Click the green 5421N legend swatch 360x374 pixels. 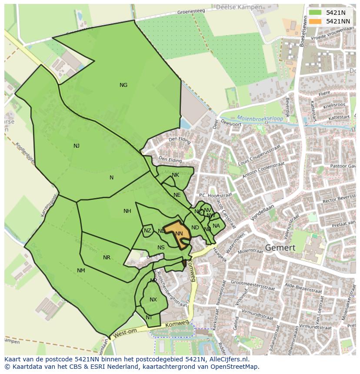[x=315, y=13]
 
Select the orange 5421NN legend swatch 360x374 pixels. [x=315, y=21]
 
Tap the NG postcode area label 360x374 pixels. [x=123, y=85]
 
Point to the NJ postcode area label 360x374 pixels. [x=77, y=146]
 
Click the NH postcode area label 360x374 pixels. [x=127, y=211]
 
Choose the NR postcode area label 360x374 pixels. [x=107, y=258]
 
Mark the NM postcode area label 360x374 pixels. [x=81, y=271]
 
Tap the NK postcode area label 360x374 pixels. [x=175, y=175]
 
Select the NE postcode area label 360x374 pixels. [x=177, y=195]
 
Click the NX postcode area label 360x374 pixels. [x=153, y=300]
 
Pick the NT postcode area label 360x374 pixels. [x=149, y=318]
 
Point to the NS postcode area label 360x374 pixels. [x=161, y=248]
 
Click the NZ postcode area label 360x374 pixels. [x=147, y=231]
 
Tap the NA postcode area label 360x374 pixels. [x=216, y=225]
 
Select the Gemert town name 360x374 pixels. [x=280, y=248]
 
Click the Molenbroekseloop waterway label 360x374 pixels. [x=260, y=118]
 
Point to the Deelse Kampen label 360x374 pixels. [x=239, y=7]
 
